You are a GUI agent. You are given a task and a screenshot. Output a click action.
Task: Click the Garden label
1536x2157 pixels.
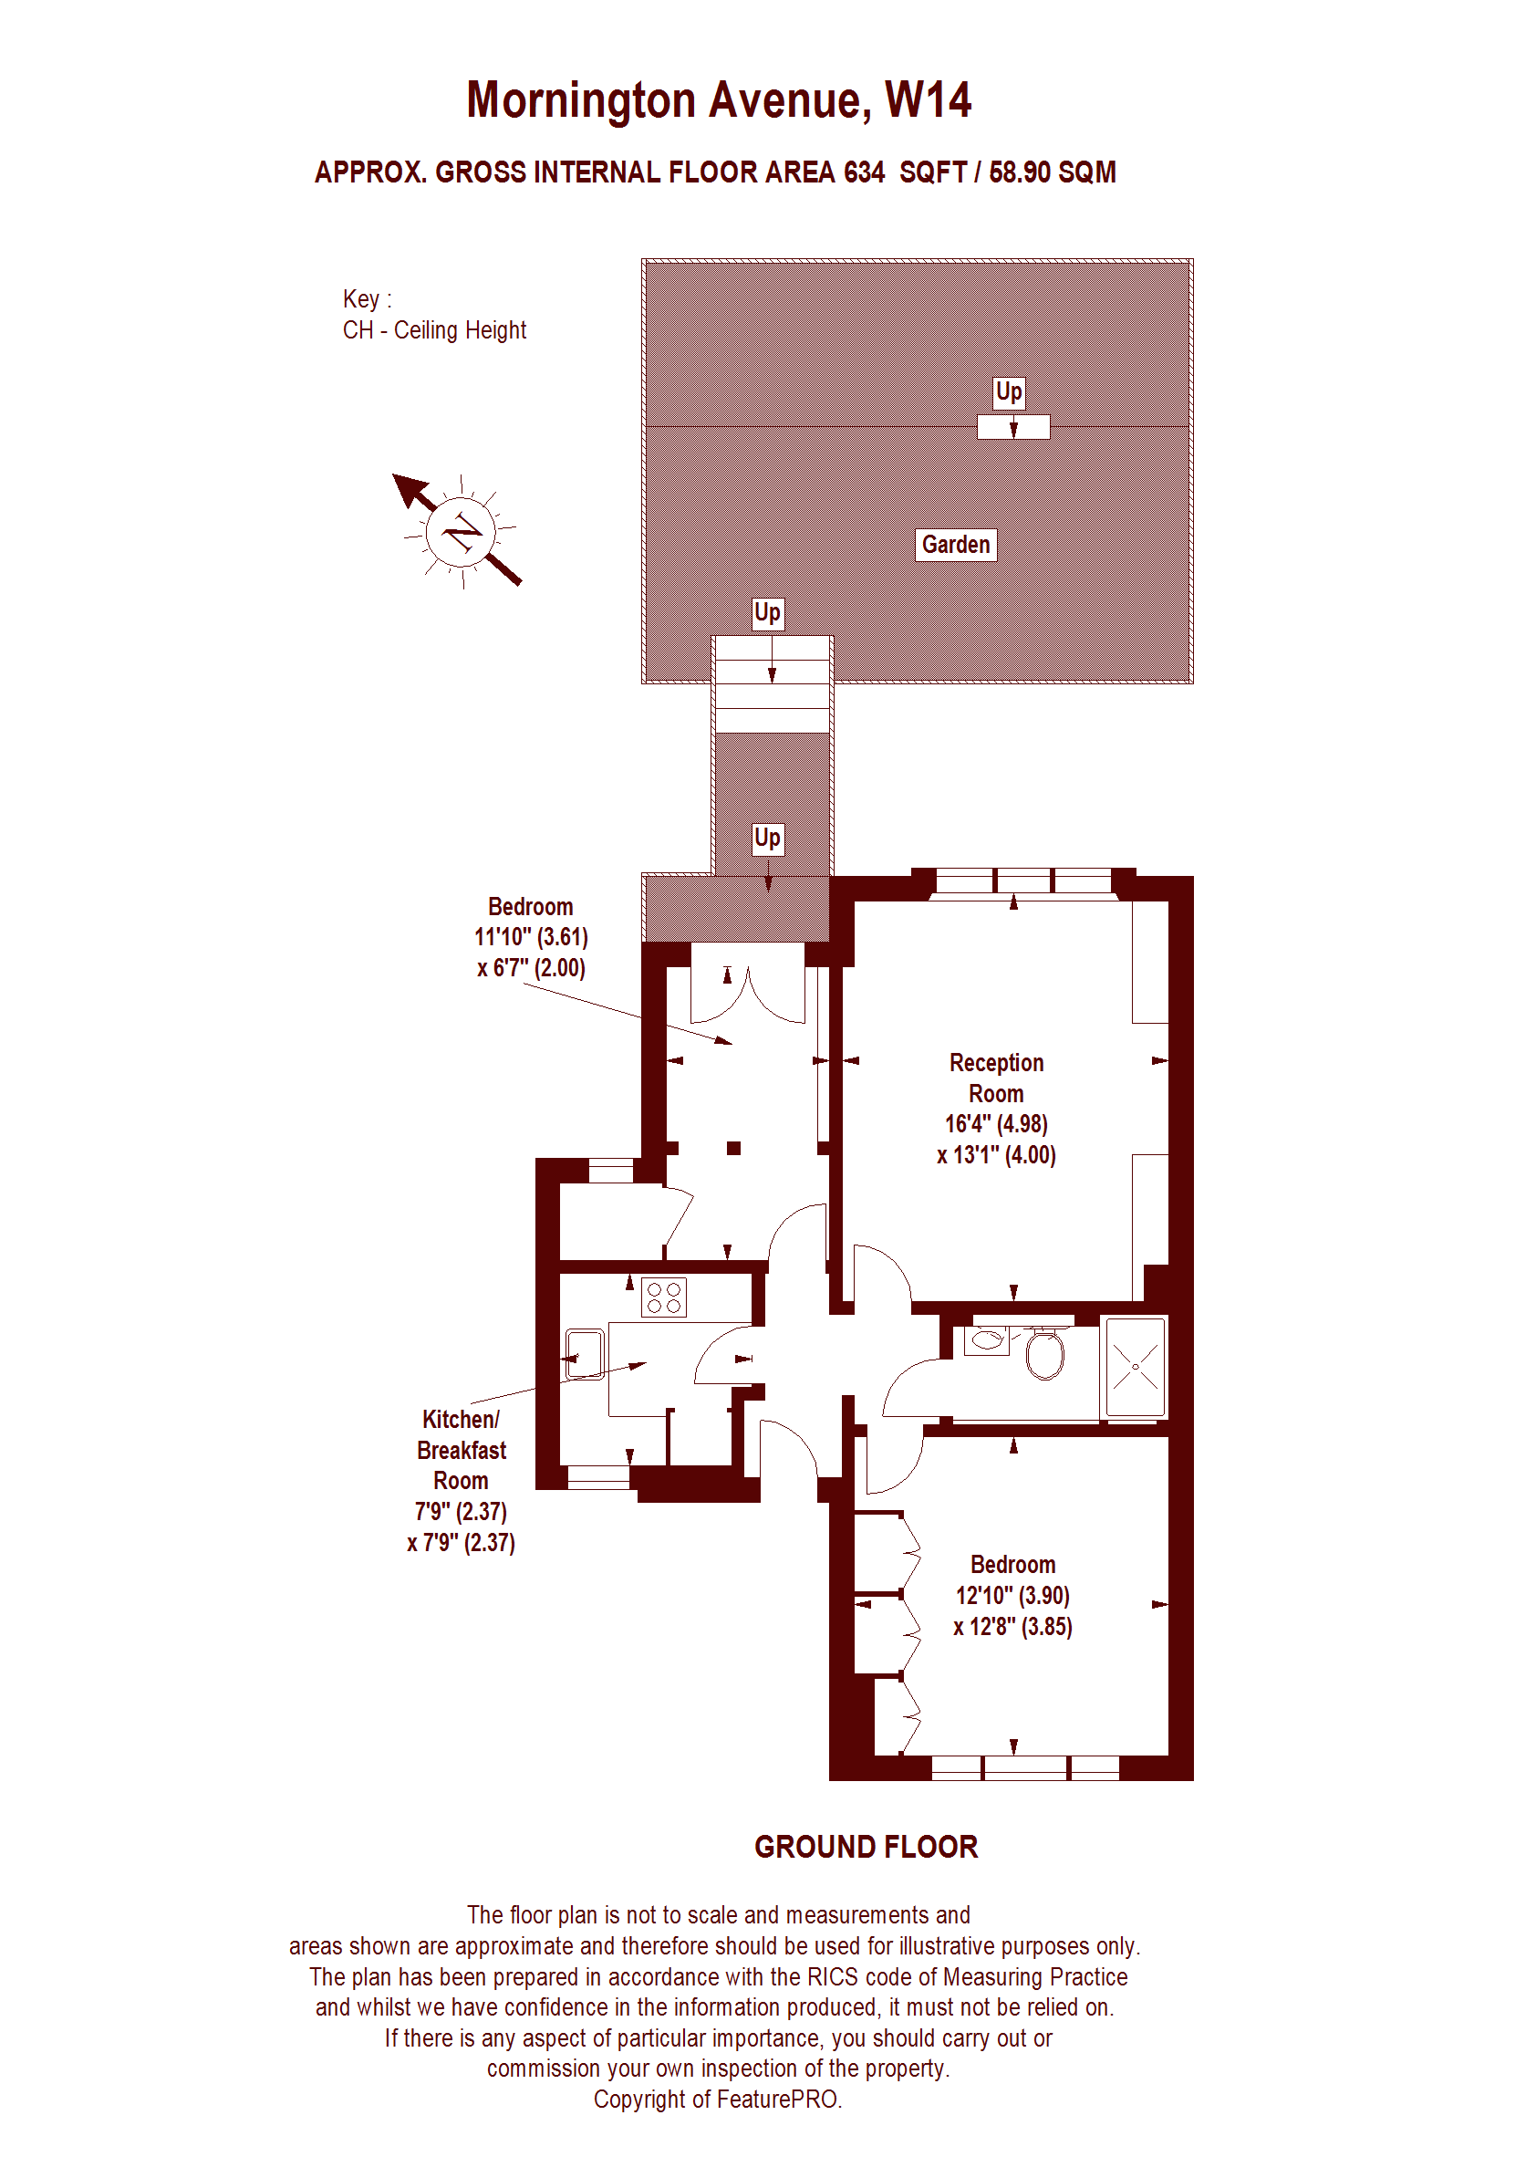point(955,545)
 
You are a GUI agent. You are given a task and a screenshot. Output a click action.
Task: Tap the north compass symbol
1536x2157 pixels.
point(460,531)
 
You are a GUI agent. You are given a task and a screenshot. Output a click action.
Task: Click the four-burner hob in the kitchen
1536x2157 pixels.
point(663,1298)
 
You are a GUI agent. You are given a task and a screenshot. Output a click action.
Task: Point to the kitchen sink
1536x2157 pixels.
point(585,1355)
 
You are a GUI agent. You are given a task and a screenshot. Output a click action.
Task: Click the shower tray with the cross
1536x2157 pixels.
point(1135,1367)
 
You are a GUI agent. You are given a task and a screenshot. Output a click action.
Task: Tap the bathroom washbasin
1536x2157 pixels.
point(988,1340)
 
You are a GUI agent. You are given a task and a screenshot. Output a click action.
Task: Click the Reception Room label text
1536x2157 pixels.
point(996,1078)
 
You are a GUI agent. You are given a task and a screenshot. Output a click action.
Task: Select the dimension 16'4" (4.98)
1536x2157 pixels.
point(996,1124)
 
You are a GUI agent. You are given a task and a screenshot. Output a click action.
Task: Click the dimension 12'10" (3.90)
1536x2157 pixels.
point(1012,1596)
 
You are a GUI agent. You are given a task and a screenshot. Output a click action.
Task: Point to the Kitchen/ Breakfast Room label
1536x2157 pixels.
point(461,1450)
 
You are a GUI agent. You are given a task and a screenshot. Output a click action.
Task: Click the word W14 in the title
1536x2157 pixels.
point(928,100)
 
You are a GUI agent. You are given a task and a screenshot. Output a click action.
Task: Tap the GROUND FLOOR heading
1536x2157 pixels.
point(866,1847)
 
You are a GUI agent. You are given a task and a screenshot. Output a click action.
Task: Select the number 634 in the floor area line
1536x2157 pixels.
point(864,172)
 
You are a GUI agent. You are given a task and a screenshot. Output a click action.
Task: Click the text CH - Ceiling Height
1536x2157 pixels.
point(434,330)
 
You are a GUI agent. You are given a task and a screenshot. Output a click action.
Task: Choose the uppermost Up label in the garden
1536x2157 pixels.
point(1008,391)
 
